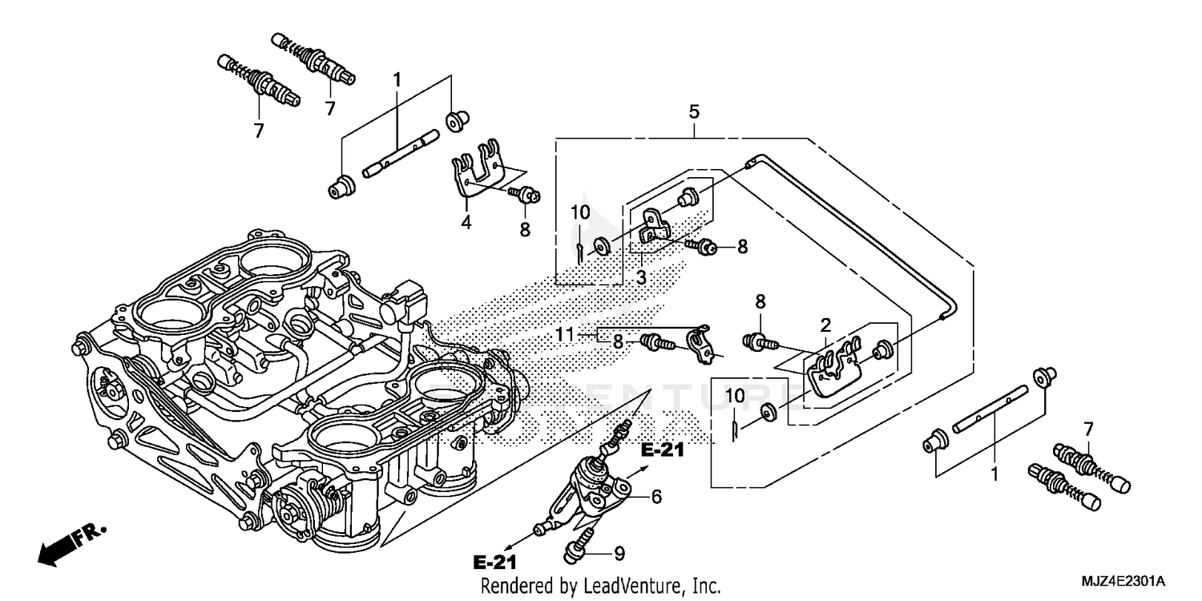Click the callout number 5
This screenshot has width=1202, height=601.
tap(694, 111)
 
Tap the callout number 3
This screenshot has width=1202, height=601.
tap(640, 277)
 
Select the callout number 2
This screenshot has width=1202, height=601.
tap(825, 325)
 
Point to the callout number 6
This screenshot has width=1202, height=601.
tap(656, 497)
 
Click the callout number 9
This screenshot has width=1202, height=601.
tap(619, 552)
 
